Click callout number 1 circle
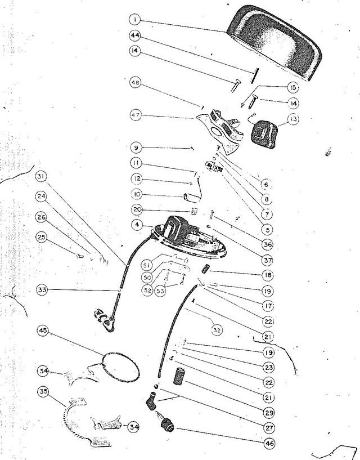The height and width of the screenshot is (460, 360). tap(135, 20)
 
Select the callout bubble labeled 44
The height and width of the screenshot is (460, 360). tap(135, 35)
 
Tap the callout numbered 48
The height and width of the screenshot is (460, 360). tap(136, 83)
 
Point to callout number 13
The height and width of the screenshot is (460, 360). tap(293, 119)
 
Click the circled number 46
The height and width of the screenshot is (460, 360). tap(269, 443)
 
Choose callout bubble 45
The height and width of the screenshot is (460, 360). tap(43, 331)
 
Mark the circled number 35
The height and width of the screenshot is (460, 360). tap(44, 392)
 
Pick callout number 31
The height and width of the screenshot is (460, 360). tap(41, 176)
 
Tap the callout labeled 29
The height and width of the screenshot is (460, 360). tap(269, 413)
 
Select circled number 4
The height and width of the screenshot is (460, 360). tap(137, 225)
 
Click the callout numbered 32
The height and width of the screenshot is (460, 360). tap(217, 331)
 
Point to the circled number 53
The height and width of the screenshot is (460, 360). tap(160, 291)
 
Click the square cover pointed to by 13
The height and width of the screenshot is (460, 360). tap(263, 135)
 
